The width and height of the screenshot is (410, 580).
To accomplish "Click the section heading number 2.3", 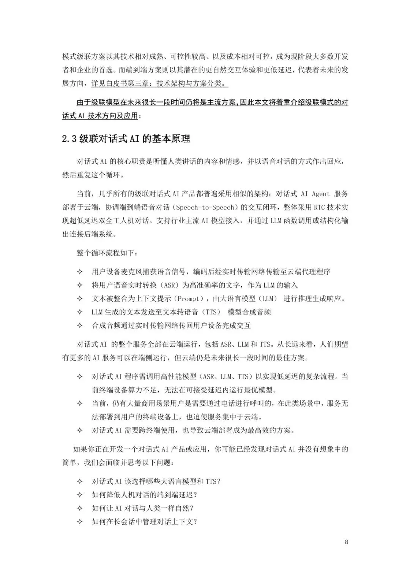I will pyautogui.click(x=69, y=139).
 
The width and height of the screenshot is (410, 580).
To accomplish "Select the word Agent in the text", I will pyautogui.click(x=321, y=194).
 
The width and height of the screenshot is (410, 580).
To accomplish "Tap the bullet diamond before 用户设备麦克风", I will pyautogui.click(x=80, y=272).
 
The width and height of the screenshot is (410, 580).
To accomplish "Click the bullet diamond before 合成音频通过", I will pyautogui.click(x=80, y=326).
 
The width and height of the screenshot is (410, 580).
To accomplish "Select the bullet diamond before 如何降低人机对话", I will pyautogui.click(x=80, y=495).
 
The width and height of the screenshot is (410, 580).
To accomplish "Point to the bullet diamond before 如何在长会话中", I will pyautogui.click(x=80, y=522).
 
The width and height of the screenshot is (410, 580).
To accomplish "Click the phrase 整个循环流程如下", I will pyautogui.click(x=107, y=253).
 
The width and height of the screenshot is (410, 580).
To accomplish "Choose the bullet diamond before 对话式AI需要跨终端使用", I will pyautogui.click(x=80, y=430).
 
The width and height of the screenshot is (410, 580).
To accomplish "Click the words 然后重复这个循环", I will pyautogui.click(x=93, y=175).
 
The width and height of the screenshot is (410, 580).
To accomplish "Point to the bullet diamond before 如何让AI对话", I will pyautogui.click(x=80, y=508).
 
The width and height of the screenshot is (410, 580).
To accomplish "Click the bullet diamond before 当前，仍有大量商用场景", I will pyautogui.click(x=80, y=403).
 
